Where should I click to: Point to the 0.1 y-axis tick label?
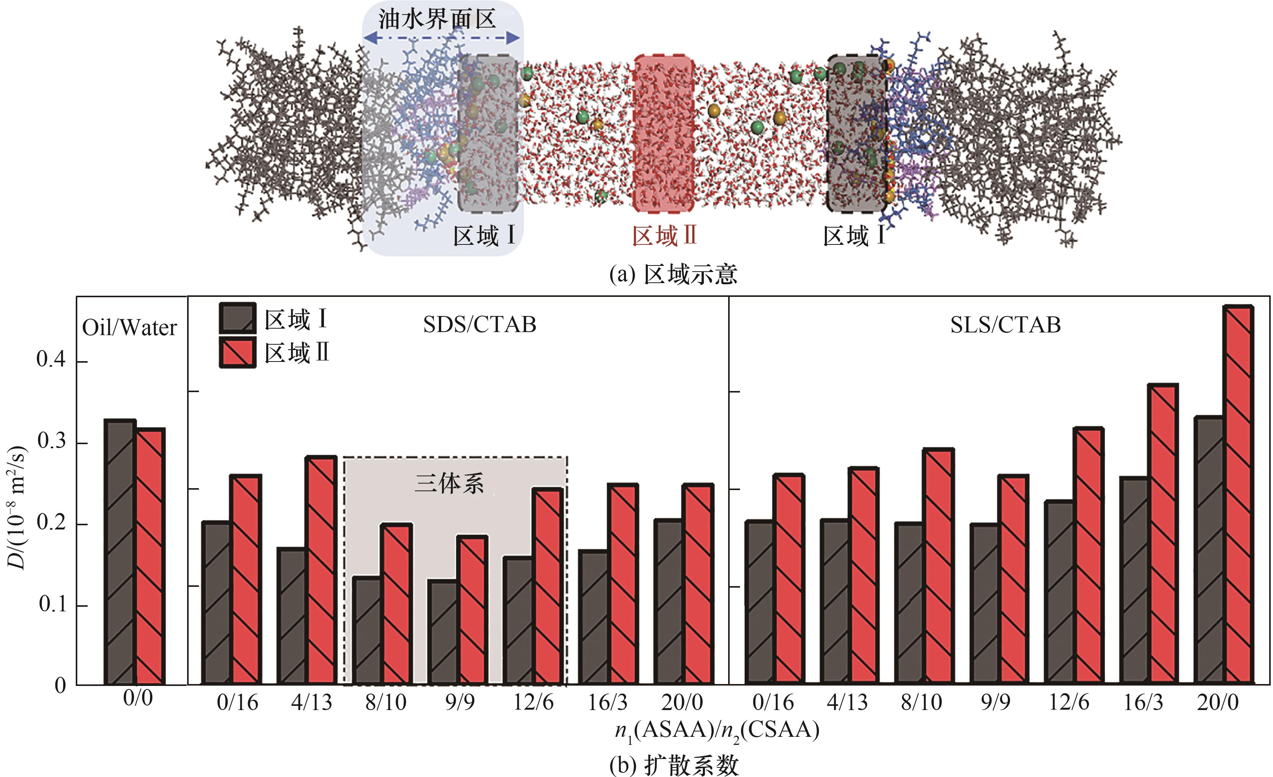[x=53, y=604]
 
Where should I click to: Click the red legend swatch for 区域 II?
[x=238, y=353]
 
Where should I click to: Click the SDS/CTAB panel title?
[x=479, y=325]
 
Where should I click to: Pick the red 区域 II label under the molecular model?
[x=664, y=236]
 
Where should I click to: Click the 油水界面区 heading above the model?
[x=437, y=20]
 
